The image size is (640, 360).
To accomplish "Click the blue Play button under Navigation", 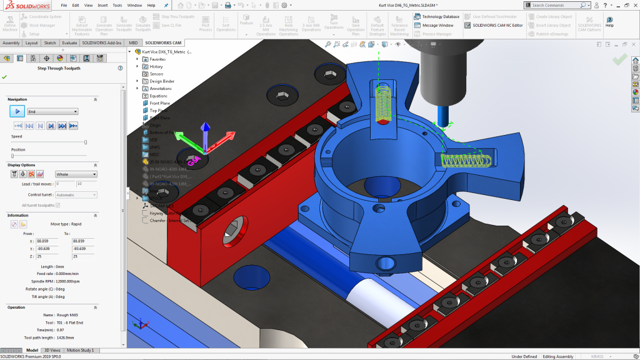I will (17, 111).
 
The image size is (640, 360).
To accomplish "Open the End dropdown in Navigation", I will (52, 111).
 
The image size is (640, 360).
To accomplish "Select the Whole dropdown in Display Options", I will (76, 174).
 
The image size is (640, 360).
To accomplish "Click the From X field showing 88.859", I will (44, 241).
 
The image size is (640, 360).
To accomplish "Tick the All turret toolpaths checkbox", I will (58, 205).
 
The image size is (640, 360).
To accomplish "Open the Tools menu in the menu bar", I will (117, 5).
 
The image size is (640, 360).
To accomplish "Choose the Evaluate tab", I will (69, 43).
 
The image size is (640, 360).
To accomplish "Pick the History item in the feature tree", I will (156, 66).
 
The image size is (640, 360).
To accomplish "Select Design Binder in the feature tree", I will (161, 81).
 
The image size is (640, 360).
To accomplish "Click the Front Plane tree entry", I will (159, 103).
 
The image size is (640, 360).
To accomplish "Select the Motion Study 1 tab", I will (80, 351).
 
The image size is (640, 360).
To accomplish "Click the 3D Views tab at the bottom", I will (52, 351).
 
